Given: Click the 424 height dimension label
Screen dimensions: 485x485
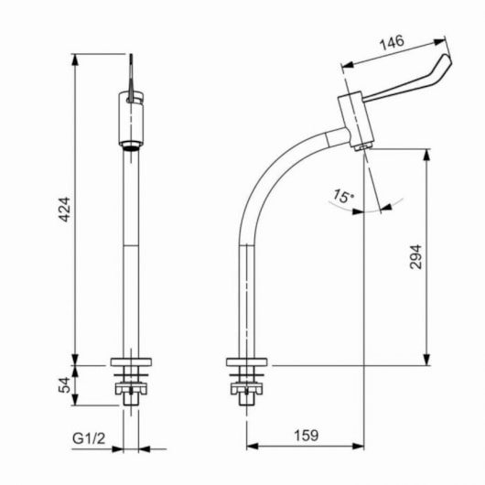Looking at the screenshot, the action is click(65, 210).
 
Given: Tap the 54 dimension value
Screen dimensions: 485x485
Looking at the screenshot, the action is click(65, 384).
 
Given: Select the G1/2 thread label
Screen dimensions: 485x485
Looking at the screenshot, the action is click(89, 438).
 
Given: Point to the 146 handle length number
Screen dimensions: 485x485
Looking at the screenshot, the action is click(392, 43).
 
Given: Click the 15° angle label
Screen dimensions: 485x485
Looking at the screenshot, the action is click(343, 196).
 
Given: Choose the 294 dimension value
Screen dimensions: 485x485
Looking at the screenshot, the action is click(415, 257).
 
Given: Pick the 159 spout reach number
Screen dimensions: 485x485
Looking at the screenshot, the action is click(306, 436).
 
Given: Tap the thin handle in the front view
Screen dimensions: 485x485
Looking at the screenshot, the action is click(131, 78).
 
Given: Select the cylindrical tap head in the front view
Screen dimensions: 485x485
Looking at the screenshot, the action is click(131, 119).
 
